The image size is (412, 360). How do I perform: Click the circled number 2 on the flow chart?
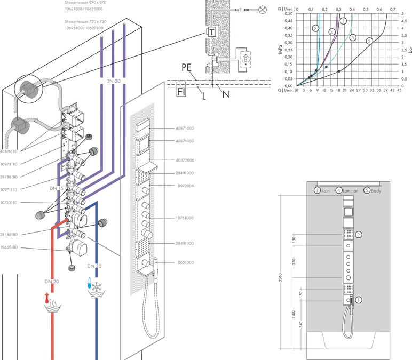(x=316, y=28)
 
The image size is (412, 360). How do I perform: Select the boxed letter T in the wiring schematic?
(x=212, y=33)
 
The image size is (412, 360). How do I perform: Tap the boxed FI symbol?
(x=181, y=91)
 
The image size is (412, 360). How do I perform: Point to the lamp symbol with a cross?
(x=262, y=9)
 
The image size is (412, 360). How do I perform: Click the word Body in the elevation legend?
(x=378, y=190)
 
